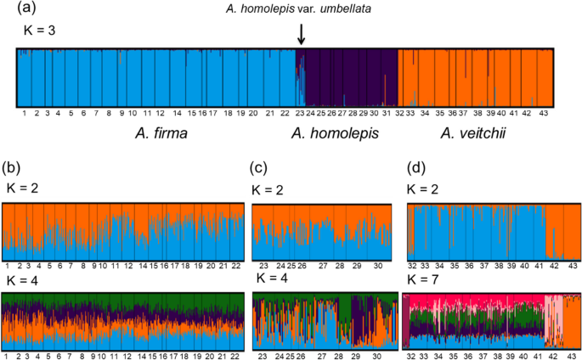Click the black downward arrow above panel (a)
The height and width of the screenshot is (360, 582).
(301, 35)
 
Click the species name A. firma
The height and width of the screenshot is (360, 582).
(163, 132)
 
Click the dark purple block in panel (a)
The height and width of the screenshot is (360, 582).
(348, 76)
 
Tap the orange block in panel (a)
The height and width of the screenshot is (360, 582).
(476, 76)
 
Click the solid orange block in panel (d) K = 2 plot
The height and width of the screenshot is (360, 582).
(561, 229)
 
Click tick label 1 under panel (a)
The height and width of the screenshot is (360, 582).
(25, 111)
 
